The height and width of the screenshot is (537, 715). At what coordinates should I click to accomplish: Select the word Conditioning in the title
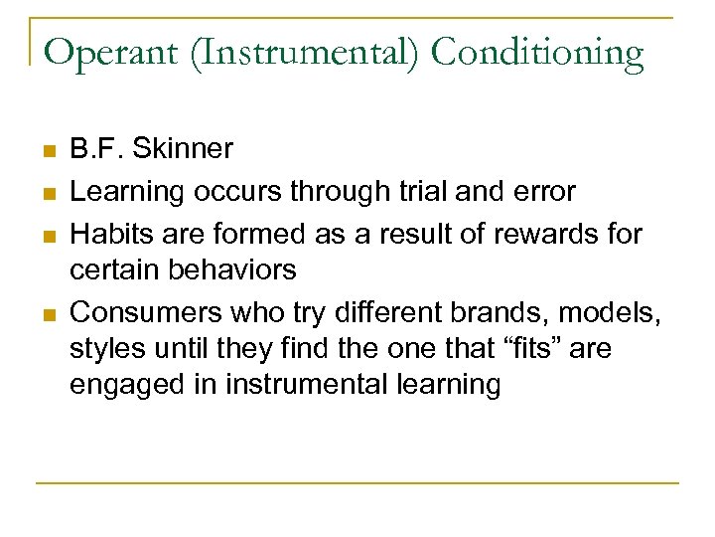537,53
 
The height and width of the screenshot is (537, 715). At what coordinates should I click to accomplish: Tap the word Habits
106,235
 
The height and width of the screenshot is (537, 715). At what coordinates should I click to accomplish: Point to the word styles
102,349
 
